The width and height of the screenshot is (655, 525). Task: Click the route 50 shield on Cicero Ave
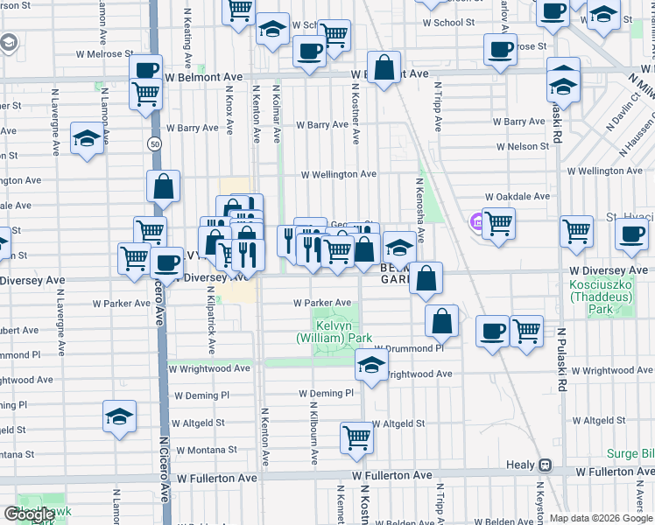click(x=154, y=143)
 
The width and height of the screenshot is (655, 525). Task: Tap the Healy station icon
click(x=545, y=465)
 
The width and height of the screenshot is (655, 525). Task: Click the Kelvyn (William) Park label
click(x=334, y=332)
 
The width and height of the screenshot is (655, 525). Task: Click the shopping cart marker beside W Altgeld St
click(x=356, y=437)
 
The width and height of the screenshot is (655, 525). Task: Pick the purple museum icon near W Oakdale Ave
click(x=476, y=220)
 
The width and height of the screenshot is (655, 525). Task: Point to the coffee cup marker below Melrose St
click(x=499, y=51)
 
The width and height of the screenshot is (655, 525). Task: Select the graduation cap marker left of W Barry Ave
click(x=87, y=140)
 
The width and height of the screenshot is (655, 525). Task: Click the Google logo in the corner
click(x=29, y=514)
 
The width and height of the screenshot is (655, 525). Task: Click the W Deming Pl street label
click(x=325, y=394)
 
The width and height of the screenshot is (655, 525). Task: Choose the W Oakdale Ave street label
click(x=517, y=196)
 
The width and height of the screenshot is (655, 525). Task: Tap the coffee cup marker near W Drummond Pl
click(x=492, y=332)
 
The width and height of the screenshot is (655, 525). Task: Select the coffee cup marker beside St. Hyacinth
click(x=630, y=234)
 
